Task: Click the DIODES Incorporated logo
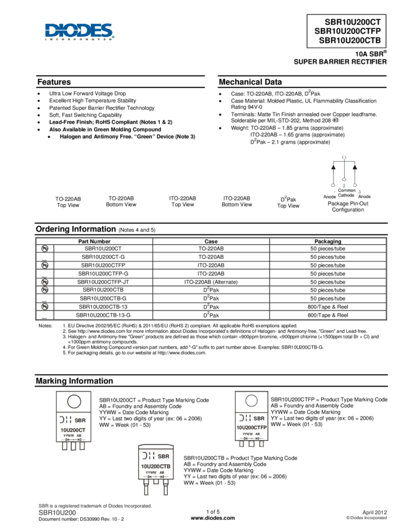79,32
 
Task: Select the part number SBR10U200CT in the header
355,20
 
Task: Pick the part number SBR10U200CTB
352,41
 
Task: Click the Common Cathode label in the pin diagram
346,192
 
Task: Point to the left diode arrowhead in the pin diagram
333,167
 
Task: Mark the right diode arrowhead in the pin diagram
355,167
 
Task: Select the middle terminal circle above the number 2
344,180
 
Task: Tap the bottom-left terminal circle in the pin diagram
333,186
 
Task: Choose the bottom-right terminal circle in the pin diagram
355,186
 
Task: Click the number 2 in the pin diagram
344,186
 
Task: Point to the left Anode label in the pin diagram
330,197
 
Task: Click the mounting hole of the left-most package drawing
74,401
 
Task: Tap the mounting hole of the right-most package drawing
251,400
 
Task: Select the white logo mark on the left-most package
64,420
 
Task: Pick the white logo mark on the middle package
148,455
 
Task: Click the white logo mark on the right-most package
245,418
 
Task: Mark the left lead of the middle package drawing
146,487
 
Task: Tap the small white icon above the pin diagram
335,120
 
